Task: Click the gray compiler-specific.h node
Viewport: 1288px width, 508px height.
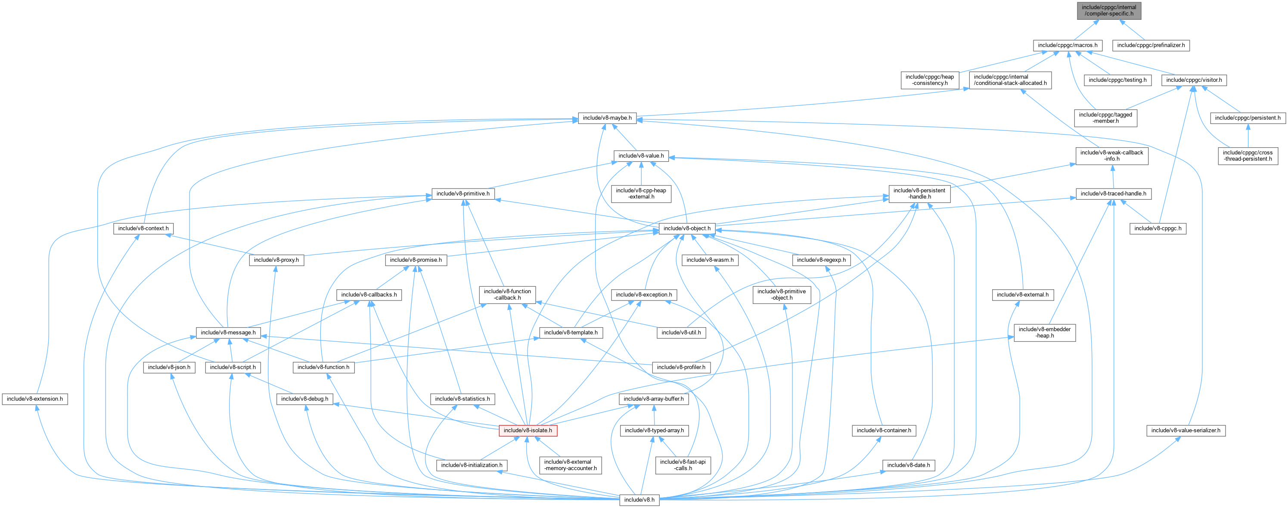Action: [x=1108, y=10]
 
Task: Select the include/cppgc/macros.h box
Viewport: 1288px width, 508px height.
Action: [x=1068, y=46]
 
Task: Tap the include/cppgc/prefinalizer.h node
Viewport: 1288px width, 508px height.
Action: [x=1151, y=46]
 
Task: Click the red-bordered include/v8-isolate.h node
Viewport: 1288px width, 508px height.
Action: [x=528, y=431]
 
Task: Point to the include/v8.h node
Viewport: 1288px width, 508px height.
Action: [x=639, y=499]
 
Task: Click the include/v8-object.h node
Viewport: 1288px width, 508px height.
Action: [x=686, y=229]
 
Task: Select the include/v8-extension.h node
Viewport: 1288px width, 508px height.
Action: [x=34, y=399]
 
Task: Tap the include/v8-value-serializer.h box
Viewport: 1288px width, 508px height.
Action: [x=1186, y=431]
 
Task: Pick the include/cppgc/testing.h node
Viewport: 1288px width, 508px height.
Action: [x=1117, y=80]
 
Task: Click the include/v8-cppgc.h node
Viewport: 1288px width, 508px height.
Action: [x=1158, y=229]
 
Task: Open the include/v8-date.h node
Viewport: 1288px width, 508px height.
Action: [x=908, y=465]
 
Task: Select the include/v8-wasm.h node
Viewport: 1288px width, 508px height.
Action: [x=710, y=260]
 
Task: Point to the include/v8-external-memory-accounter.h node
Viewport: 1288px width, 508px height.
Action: [x=570, y=465]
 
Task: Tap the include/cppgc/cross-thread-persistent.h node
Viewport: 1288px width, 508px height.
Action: [x=1248, y=155]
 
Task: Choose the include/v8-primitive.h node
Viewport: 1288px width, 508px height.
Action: [x=462, y=193]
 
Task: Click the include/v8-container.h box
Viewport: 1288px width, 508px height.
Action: [x=884, y=431]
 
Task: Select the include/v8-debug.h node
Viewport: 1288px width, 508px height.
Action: [x=304, y=399]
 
